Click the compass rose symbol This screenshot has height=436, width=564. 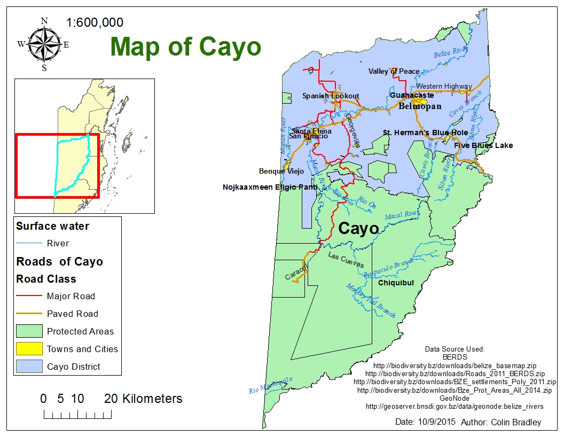point(44,45)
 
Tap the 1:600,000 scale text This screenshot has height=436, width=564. point(95,22)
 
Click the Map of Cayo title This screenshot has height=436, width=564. point(186,46)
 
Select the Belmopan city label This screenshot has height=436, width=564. point(420,106)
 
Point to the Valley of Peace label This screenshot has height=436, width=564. point(394,72)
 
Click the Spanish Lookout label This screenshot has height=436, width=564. point(331,96)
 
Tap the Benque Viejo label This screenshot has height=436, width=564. point(281,172)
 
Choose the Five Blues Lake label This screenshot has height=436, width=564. point(483,145)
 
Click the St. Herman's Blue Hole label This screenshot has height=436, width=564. point(425,133)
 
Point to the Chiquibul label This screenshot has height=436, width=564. point(396,283)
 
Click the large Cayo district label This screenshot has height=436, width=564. point(358,229)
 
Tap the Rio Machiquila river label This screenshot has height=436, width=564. point(271,385)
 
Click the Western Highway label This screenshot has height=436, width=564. point(444,86)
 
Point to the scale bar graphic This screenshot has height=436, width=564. point(77,415)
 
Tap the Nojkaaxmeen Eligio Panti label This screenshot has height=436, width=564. point(270,188)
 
